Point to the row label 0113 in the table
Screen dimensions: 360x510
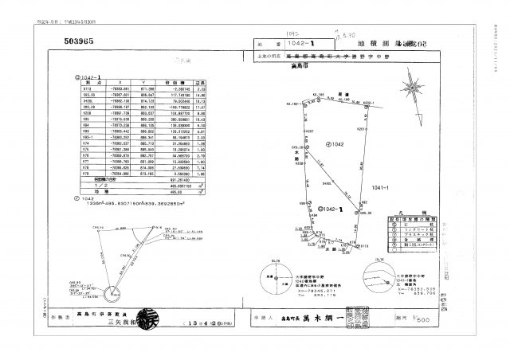click(x=88, y=87)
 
